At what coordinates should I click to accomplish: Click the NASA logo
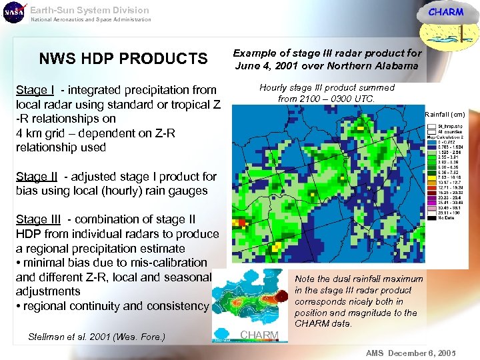[13, 13]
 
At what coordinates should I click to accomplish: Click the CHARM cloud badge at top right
[445, 13]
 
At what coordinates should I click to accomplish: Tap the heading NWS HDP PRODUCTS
[123, 59]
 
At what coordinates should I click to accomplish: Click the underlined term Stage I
[35, 90]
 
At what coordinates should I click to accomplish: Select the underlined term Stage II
[37, 177]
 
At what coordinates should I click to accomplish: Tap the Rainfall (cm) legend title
[445, 115]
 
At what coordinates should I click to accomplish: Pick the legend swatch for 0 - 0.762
[433, 141]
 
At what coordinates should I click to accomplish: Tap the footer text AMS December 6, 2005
[411, 353]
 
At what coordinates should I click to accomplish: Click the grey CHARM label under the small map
[259, 335]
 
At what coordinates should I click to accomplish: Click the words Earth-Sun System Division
[89, 10]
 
